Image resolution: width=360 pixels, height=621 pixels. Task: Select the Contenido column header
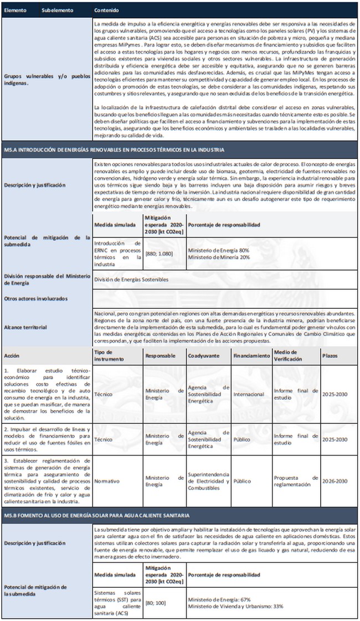(x=106, y=11)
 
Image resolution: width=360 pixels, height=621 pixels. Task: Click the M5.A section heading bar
(x=111, y=149)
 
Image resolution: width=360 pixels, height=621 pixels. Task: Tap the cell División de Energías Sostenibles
(x=131, y=280)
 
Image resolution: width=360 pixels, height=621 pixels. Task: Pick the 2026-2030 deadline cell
(x=335, y=481)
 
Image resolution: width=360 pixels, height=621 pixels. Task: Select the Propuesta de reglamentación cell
(x=296, y=481)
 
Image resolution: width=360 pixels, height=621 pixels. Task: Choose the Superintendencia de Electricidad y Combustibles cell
(x=208, y=481)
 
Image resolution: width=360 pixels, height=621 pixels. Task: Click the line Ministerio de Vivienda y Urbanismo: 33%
(x=235, y=606)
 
